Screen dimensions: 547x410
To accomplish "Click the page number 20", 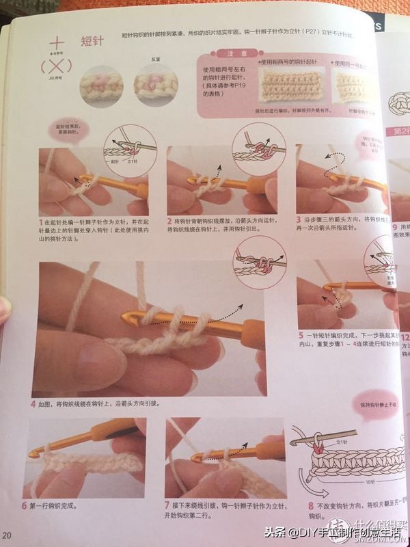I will [8, 534].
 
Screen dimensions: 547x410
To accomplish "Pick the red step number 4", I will [33, 404].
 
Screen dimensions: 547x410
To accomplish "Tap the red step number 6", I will [34, 507].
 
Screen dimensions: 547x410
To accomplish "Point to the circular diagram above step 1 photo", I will [128, 151].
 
